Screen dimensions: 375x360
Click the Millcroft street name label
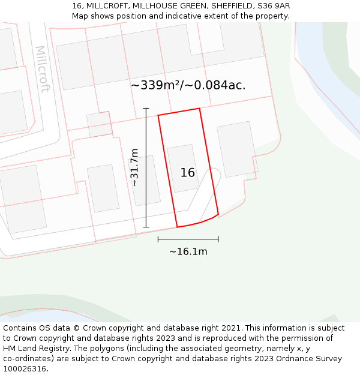tap(42, 69)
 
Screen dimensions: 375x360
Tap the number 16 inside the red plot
tap(188, 173)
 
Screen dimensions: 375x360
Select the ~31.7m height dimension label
tap(135, 167)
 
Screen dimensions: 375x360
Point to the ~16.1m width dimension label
tap(188, 251)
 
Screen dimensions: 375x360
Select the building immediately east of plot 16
tap(236, 149)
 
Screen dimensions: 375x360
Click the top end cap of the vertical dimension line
tap(146, 109)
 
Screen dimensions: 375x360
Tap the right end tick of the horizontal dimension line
tap(218, 239)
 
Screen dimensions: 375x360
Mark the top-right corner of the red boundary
tap(199, 109)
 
